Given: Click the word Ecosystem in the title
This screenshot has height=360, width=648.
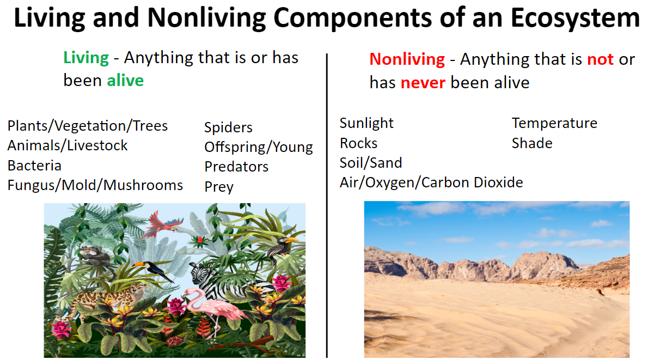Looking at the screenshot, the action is pos(575,18).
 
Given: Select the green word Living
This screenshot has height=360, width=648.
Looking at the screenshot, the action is pos(86,58).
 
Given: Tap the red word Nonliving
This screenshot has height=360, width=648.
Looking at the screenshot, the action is pos(407,59).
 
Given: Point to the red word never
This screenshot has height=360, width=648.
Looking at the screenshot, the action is pos(423,83).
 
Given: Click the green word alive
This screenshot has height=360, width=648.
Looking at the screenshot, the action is pos(125,80).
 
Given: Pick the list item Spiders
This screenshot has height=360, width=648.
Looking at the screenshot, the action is pos(228,127).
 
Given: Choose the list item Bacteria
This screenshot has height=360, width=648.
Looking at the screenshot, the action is pos(34,166).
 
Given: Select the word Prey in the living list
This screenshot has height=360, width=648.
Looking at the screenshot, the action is pos(218,187).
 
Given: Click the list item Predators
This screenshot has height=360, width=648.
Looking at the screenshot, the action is pos(236,167).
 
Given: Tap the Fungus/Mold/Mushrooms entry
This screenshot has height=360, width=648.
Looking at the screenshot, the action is pos(95,185).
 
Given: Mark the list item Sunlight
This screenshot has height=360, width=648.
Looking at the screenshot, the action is pos(366,123).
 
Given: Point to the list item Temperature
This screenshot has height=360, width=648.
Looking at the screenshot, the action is pos(554,123).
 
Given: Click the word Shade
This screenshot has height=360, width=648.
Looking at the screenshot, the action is pos(532,143).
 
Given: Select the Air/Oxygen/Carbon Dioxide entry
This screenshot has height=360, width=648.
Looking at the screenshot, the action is pos(431,182).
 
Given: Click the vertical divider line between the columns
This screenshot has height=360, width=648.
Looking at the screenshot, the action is pos(327,205).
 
